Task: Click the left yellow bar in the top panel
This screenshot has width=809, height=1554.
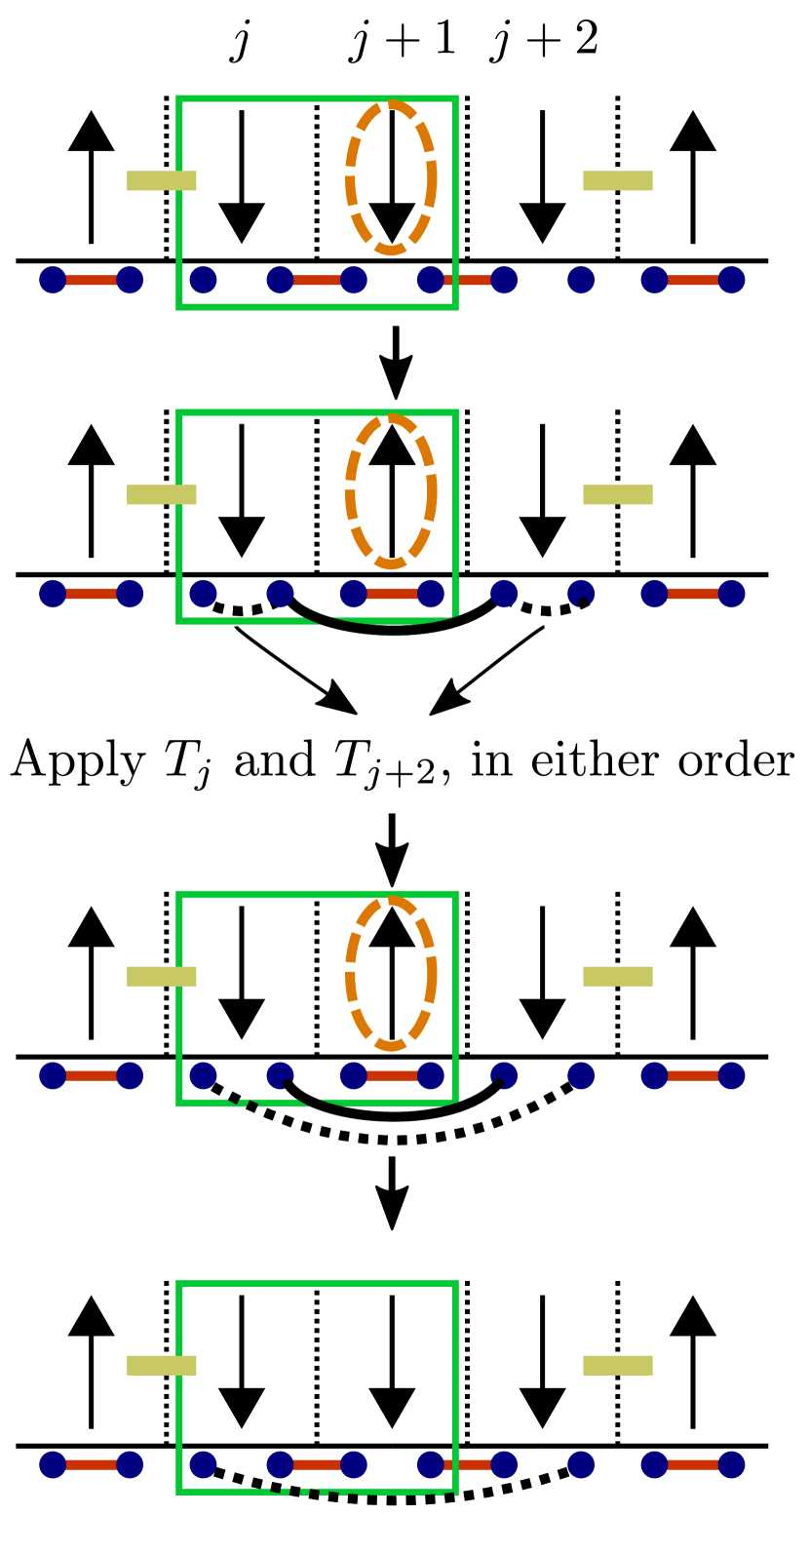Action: point(162,180)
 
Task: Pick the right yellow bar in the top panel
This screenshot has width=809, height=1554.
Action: point(618,180)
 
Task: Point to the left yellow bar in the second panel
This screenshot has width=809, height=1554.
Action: point(162,494)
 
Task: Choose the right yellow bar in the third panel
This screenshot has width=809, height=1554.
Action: point(618,976)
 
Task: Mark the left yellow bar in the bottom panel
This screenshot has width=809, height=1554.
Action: point(162,1365)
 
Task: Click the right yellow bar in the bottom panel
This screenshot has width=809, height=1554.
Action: point(618,1365)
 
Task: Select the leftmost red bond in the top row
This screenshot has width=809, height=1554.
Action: point(91,280)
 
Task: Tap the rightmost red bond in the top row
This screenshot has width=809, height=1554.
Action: point(693,280)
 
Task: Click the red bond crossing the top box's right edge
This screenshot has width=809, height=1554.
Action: point(467,280)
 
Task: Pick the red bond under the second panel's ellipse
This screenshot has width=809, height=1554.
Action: point(392,594)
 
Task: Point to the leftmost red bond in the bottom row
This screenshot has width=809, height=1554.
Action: point(91,1464)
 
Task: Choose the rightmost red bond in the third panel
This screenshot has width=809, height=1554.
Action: point(693,1075)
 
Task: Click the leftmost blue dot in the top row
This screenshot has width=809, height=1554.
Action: point(53,280)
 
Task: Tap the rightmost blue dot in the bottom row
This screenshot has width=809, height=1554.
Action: point(731,1464)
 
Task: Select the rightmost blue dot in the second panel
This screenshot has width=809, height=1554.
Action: point(731,594)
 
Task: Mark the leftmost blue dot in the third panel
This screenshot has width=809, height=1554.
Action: point(53,1075)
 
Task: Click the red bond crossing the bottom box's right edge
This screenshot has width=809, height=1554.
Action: point(467,1464)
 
